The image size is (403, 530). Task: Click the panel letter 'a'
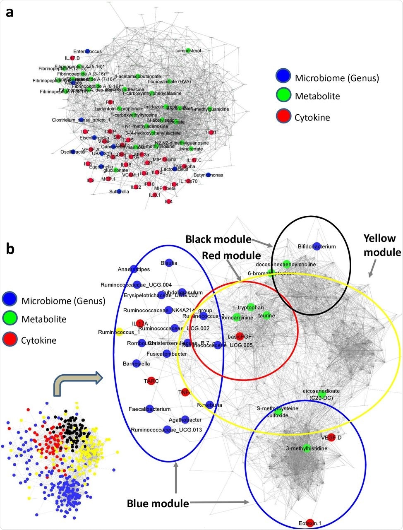(x=9, y=12)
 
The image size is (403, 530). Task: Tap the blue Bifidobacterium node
(x=317, y=246)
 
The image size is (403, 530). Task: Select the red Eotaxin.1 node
(x=310, y=523)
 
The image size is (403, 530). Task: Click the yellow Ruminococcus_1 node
(x=119, y=331)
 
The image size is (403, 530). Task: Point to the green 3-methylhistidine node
(x=307, y=448)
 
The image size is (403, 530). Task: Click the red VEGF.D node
(x=331, y=437)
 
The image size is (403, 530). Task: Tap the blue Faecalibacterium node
(x=149, y=409)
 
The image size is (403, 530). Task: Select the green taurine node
(x=266, y=315)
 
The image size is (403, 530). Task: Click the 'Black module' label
(x=218, y=239)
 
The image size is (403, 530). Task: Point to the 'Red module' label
(x=231, y=255)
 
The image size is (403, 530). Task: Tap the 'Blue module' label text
(x=158, y=503)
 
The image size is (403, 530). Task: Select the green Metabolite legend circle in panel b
(x=10, y=319)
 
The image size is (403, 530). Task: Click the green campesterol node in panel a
(x=188, y=51)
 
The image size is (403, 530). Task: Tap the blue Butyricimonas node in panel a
(x=208, y=175)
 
